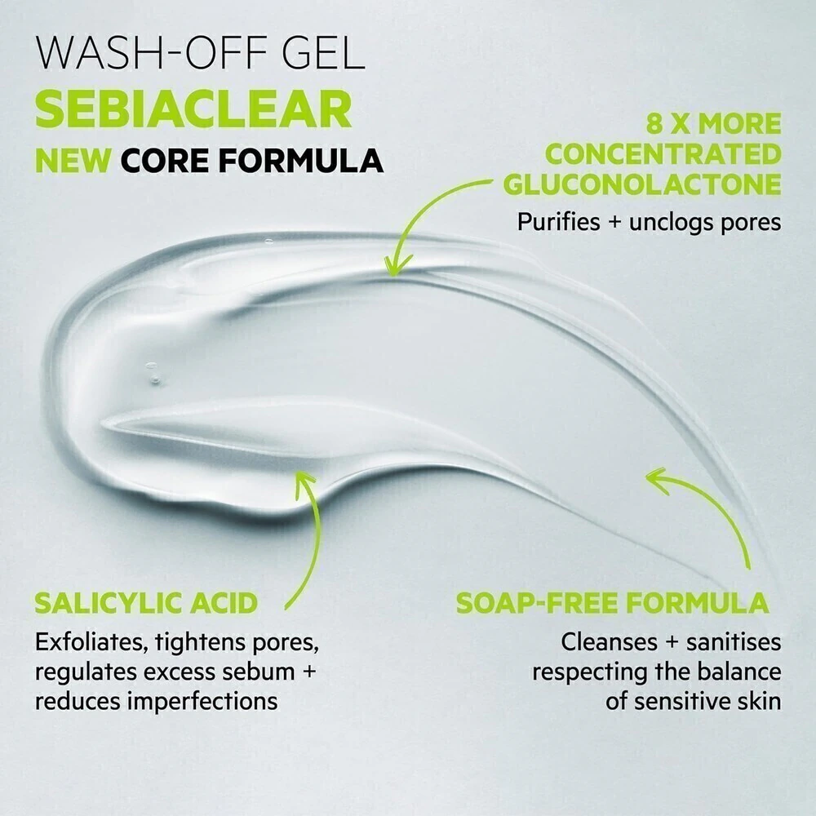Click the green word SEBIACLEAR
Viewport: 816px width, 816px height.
point(193,109)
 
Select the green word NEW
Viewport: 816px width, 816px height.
point(73,160)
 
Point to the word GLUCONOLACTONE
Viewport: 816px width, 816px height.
point(642,184)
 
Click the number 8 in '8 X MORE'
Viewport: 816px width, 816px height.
point(656,124)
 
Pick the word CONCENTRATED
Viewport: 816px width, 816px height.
point(663,154)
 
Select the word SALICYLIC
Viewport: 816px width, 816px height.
point(108,603)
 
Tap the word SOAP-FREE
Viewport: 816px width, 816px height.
point(537,603)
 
